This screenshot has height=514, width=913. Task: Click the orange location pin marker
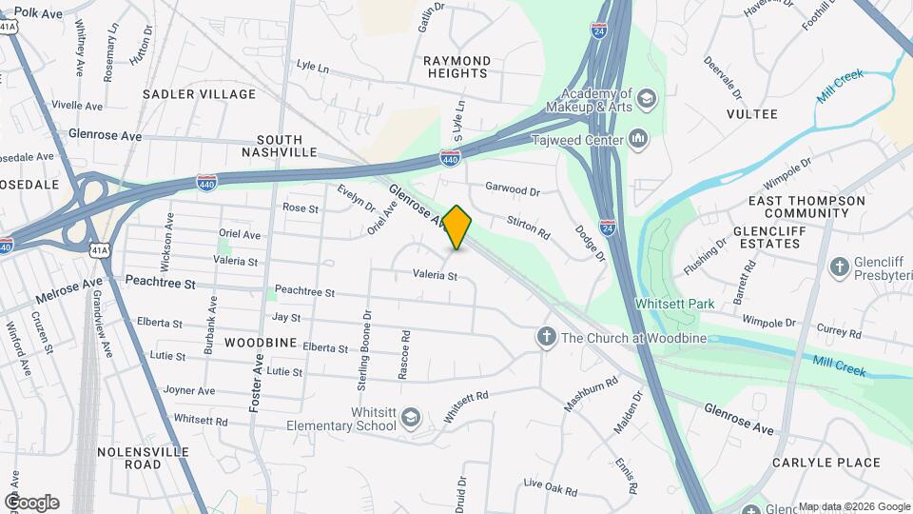point(457,227)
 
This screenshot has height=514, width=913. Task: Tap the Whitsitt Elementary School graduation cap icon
point(410,417)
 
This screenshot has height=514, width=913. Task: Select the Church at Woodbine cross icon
point(546,336)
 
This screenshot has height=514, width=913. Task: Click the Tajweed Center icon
point(639,141)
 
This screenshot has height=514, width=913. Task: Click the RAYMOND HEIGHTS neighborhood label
point(456,67)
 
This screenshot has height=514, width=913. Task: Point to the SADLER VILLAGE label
point(200,94)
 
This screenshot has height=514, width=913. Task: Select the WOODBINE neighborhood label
point(261,342)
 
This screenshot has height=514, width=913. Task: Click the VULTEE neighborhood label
point(751,114)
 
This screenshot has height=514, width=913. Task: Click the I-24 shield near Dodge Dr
point(608,227)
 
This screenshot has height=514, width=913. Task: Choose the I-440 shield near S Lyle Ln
point(450,157)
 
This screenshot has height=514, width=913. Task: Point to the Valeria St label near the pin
point(436,276)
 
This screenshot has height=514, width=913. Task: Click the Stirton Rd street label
point(529,227)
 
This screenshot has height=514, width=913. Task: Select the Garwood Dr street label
point(513,189)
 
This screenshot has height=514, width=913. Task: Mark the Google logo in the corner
point(31,502)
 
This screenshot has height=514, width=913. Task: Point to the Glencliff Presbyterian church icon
point(839,267)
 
